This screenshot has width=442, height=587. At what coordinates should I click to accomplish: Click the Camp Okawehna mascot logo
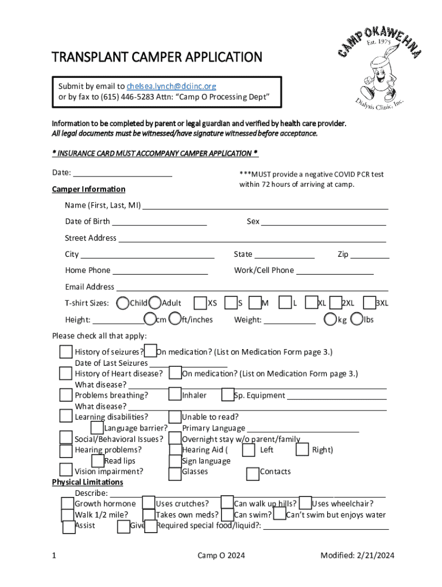pyautogui.click(x=379, y=69)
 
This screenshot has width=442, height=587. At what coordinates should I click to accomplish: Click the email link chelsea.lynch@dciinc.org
pyautogui.click(x=171, y=86)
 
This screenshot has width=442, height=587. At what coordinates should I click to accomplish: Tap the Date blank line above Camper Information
pyautogui.click(x=123, y=173)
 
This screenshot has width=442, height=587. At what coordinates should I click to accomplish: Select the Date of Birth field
pyautogui.click(x=160, y=221)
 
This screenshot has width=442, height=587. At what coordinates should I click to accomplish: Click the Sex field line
pyautogui.click(x=324, y=221)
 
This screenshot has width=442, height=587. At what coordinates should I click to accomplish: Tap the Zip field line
pyautogui.click(x=370, y=255)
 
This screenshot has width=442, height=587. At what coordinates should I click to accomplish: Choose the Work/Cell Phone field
pyautogui.click(x=335, y=271)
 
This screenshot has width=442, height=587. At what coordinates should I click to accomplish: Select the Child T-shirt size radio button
pyautogui.click(x=123, y=303)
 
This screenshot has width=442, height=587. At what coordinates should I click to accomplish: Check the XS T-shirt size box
pyautogui.click(x=200, y=303)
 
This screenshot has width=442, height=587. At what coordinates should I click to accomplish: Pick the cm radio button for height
pyautogui.click(x=150, y=319)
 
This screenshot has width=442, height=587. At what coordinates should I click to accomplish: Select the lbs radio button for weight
pyautogui.click(x=357, y=319)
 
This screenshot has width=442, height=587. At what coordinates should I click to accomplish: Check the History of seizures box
pyautogui.click(x=66, y=352)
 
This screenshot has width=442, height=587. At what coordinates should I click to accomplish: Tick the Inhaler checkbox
pyautogui.click(x=175, y=395)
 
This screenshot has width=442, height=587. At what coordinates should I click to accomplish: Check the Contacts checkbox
pyautogui.click(x=253, y=473)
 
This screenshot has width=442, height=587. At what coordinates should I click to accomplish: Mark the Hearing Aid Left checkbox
pyautogui.click(x=249, y=451)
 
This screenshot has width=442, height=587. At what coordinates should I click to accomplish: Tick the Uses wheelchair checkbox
pyautogui.click(x=305, y=503)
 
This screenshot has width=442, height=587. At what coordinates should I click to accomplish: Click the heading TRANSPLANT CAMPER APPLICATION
pyautogui.click(x=157, y=57)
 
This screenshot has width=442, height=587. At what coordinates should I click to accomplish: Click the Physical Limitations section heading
pyautogui.click(x=87, y=482)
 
